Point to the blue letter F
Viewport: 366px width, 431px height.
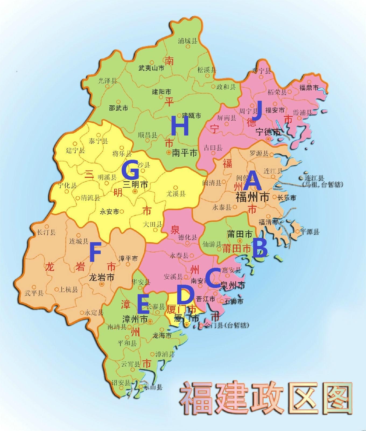pos(95,252)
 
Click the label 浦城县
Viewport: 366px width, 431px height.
pos(188,41)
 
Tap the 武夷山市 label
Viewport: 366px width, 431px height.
pos(151,68)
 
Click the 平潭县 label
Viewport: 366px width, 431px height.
pos(310,231)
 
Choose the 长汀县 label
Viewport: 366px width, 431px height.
pos(47,232)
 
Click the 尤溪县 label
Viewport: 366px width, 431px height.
pos(176,194)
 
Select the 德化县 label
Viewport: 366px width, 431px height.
pos(188,237)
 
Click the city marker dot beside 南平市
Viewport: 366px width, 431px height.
pos(169,152)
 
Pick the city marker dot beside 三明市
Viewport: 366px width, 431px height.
pos(135,191)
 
